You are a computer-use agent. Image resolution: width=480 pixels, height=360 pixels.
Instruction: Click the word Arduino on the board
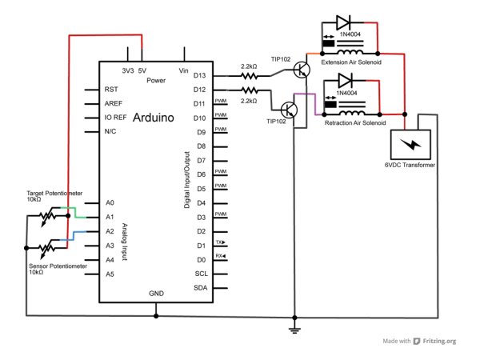tap(154, 118)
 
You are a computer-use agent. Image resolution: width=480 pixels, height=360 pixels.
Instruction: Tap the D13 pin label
tap(199, 75)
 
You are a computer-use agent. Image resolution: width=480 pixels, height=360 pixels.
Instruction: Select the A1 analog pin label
tap(110, 217)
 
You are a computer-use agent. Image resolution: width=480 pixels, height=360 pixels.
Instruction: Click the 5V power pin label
tap(142, 70)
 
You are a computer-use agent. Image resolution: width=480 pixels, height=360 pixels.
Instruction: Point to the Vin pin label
tap(183, 70)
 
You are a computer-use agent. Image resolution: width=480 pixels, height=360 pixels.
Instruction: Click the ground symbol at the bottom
tap(294, 330)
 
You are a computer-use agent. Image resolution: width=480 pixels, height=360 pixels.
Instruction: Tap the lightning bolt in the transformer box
tap(411, 144)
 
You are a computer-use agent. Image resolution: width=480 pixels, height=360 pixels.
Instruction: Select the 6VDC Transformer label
tap(410, 165)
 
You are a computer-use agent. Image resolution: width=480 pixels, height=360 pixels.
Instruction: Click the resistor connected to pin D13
tap(249, 76)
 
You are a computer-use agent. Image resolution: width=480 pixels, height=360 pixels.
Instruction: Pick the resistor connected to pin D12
tap(249, 90)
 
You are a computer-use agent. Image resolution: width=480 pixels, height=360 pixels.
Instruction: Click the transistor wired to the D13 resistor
tap(302, 70)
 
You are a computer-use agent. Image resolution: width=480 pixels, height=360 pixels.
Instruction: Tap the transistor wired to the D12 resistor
tap(289, 110)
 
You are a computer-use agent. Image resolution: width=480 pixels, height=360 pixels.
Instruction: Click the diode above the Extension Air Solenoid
tap(343, 22)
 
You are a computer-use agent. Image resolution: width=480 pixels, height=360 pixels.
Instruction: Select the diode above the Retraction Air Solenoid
tap(346, 81)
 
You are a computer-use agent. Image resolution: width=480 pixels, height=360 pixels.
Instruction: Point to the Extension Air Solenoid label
tap(351, 62)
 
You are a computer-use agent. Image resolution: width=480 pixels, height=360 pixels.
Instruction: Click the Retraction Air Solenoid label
tap(355, 122)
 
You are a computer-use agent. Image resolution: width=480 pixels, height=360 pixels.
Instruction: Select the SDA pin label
tap(201, 288)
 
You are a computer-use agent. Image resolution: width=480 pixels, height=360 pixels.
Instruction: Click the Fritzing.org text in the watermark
tap(439, 341)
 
